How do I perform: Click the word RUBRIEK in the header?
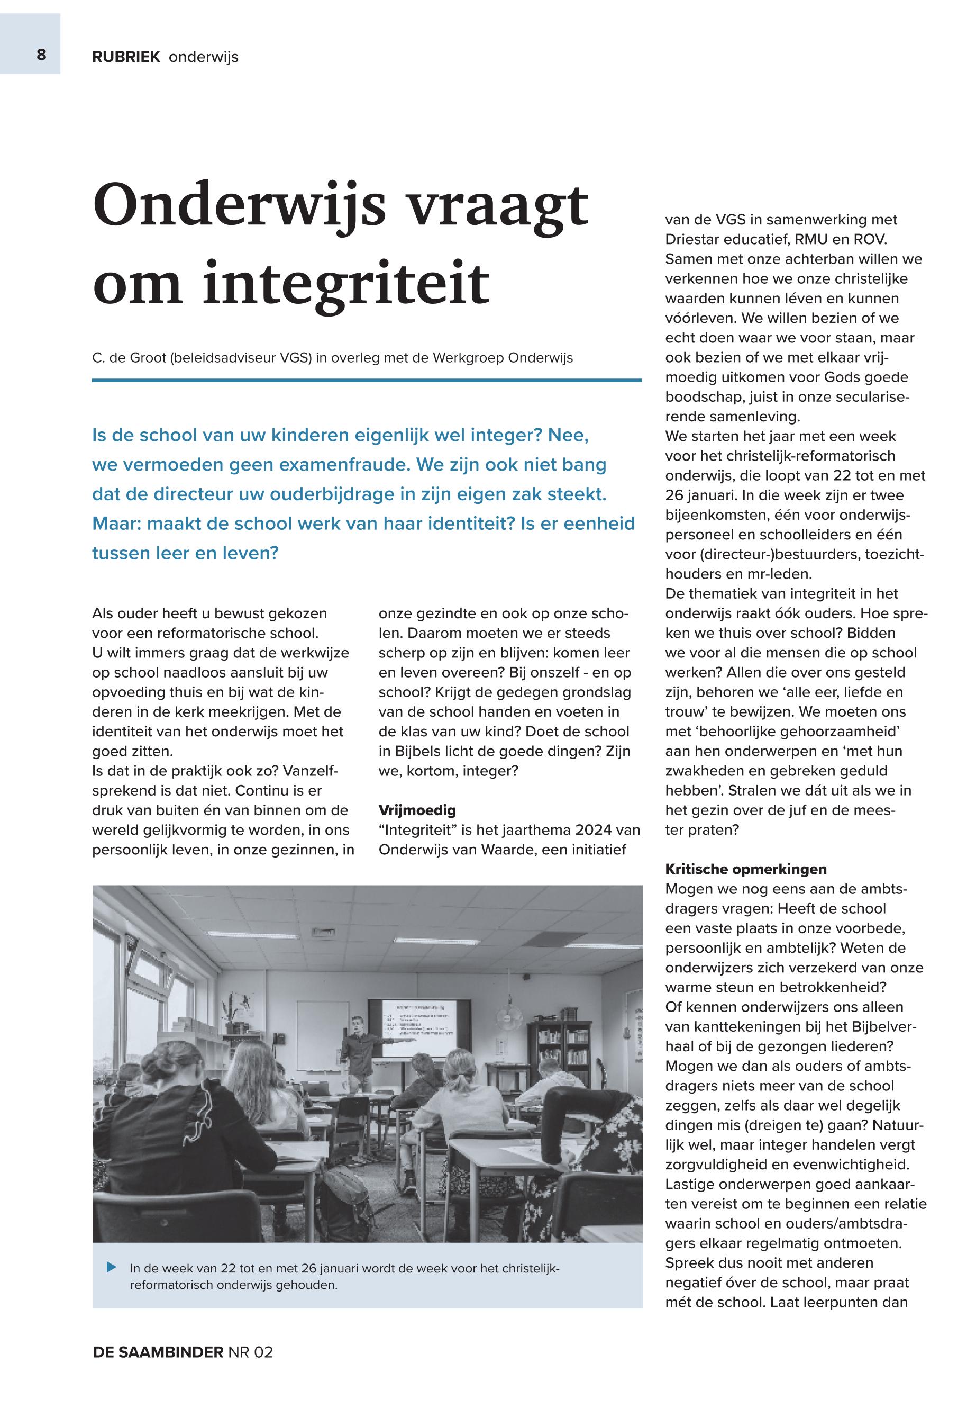[x=126, y=58]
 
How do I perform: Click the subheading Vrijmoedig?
[x=417, y=810]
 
